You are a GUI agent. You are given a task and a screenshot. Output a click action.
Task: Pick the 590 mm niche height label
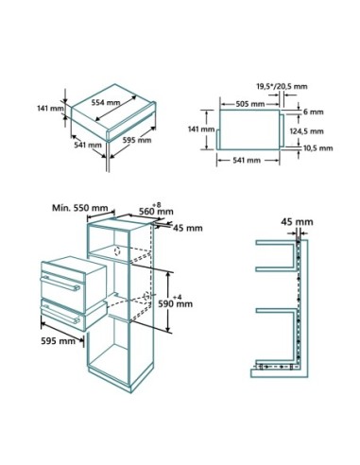coord(180,303)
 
